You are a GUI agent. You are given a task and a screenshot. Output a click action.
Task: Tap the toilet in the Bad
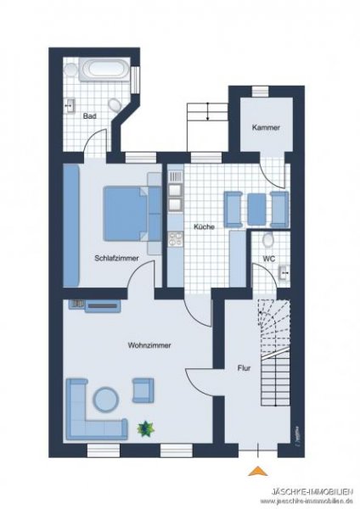pyautogui.click(x=115, y=105)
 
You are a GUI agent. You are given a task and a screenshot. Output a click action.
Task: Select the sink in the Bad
pyautogui.click(x=70, y=105)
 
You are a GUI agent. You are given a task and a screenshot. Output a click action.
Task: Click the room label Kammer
pyautogui.click(x=266, y=127)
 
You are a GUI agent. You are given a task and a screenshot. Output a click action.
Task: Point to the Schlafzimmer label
pyautogui.click(x=116, y=259)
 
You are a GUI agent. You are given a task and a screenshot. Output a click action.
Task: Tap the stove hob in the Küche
pyautogui.click(x=176, y=238)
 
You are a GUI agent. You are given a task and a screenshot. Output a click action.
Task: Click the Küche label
pyautogui.click(x=204, y=227)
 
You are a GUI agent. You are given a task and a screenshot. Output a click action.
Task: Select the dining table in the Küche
pyautogui.click(x=256, y=209)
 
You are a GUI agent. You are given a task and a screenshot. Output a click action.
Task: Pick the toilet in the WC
pyautogui.click(x=268, y=240)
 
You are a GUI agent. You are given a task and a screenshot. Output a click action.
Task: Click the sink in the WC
pyautogui.click(x=284, y=272)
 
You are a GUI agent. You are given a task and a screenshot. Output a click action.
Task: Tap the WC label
pyautogui.click(x=269, y=259)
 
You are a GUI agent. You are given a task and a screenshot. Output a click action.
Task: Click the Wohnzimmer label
pyautogui.click(x=149, y=345)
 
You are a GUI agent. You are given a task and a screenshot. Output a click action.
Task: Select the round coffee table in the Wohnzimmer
pyautogui.click(x=106, y=400)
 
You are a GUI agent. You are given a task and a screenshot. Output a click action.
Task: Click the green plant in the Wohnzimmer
pyautogui.click(x=145, y=429)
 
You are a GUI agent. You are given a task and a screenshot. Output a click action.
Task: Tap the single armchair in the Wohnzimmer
pyautogui.click(x=143, y=390)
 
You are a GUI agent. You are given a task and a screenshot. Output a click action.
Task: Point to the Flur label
pyautogui.click(x=244, y=368)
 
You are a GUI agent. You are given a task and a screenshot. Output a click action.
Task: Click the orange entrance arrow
pyautogui.click(x=258, y=471)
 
